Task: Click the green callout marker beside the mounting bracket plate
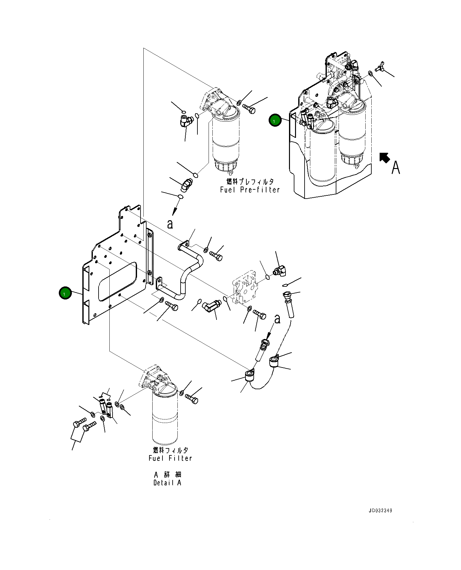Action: point(65,293)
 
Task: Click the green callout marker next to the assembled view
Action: point(275,120)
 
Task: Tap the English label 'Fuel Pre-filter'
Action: point(250,190)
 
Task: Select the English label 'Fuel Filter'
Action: point(170,458)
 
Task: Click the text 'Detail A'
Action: point(167,483)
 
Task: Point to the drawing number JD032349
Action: point(380,510)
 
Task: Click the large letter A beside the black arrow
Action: point(396,167)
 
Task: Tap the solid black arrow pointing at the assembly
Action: point(385,158)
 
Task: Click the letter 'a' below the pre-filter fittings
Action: point(170,224)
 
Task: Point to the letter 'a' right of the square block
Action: point(278,319)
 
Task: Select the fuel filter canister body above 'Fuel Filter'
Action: point(165,415)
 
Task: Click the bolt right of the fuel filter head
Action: point(191,398)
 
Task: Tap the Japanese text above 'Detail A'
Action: point(167,475)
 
